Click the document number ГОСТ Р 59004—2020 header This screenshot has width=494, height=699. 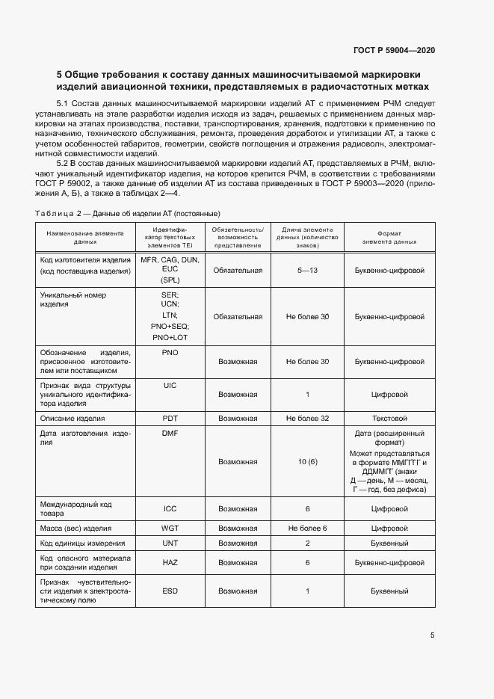[393, 50]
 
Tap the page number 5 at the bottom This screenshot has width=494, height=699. [432, 635]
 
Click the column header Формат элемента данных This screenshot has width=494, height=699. [389, 238]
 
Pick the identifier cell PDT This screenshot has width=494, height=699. [170, 418]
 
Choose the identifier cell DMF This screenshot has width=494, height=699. [170, 433]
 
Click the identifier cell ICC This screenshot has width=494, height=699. [170, 508]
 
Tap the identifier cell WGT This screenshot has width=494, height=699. [170, 528]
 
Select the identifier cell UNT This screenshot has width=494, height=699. [170, 544]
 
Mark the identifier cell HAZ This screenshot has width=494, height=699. [170, 562]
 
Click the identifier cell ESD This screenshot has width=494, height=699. [170, 591]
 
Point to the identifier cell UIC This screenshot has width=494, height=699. [170, 384]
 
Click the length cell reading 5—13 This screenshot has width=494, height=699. [307, 270]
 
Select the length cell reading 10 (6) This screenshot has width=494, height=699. [307, 462]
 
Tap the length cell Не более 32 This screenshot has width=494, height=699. [307, 418]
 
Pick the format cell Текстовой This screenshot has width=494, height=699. [389, 418]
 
